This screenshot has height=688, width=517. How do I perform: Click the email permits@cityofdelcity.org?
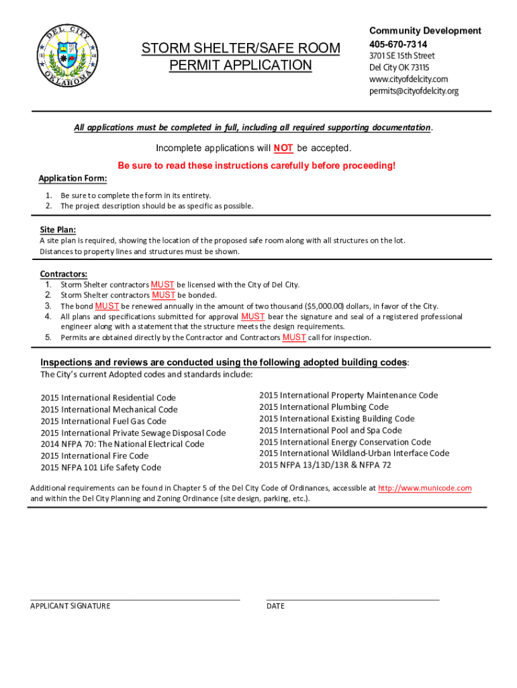414,91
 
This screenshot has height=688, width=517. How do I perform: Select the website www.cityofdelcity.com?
408,79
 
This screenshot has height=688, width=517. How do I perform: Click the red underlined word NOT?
283,148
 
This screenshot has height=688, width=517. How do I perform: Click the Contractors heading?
63,274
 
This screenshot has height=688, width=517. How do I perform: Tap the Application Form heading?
73,179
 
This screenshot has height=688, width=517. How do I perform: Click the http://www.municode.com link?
424,488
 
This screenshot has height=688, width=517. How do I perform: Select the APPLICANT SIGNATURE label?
70,606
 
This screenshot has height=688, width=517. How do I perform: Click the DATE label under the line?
275,606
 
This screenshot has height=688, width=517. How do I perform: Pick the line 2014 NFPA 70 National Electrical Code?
122,444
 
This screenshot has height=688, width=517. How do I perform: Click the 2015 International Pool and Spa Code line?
330,430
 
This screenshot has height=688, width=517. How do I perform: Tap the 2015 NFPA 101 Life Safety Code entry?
101,468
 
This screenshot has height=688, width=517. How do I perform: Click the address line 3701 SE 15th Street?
402,56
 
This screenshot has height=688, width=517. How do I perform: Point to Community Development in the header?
425,31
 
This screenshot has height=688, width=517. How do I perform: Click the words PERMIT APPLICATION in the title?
240,65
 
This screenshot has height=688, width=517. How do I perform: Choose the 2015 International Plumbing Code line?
324,406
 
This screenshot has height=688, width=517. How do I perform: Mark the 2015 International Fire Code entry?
95,456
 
